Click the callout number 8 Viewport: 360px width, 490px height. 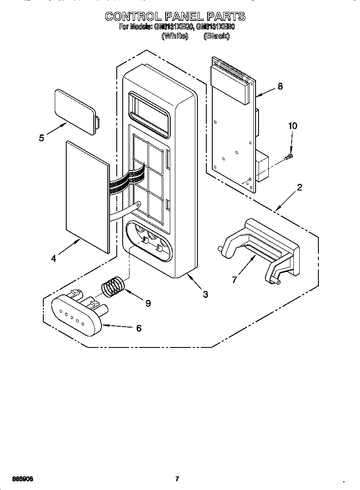pos(280,86)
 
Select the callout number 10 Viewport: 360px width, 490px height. pos(292,126)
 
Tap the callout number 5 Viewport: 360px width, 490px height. pos(42,138)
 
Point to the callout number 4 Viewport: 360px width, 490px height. pos(53,258)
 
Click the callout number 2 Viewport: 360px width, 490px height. pos(299,188)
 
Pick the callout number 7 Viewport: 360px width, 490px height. pos(234,280)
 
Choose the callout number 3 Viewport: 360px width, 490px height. pos(205,294)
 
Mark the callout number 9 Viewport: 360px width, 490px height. pos(148,303)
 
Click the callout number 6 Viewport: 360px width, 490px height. pos(138,328)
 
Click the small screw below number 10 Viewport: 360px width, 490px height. pos(287,157)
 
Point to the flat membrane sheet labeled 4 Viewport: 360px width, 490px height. pos(87,196)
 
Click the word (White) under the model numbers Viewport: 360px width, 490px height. pos(174,36)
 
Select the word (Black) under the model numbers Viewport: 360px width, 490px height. pos(217,36)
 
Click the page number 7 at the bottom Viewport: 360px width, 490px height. pos(177,479)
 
